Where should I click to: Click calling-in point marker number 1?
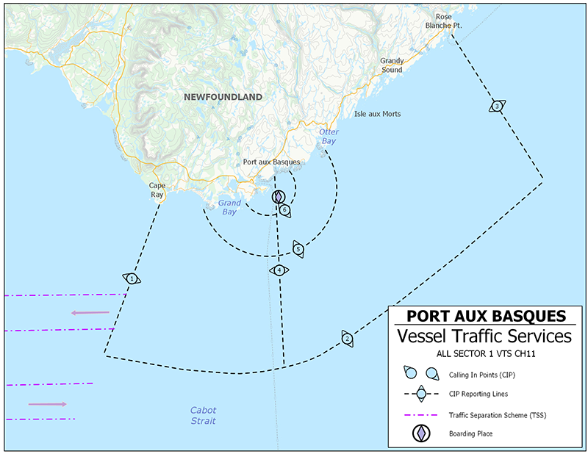point(131,278)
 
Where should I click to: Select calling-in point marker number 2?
point(347,339)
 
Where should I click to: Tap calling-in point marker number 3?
point(498,107)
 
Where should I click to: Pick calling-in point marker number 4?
point(279,270)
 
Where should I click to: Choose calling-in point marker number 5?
point(298,249)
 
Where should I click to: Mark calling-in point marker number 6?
point(284,210)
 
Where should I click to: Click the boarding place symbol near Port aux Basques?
point(278,197)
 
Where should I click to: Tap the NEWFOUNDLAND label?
point(223,97)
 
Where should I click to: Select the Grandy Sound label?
point(391,65)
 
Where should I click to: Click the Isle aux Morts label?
point(377,114)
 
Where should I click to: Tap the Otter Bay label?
point(329,136)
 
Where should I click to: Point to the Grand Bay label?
point(229,207)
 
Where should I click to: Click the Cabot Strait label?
point(203,416)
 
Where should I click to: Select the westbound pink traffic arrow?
point(90,313)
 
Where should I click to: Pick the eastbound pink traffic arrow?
point(48,404)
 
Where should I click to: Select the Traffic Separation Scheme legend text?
point(498,414)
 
